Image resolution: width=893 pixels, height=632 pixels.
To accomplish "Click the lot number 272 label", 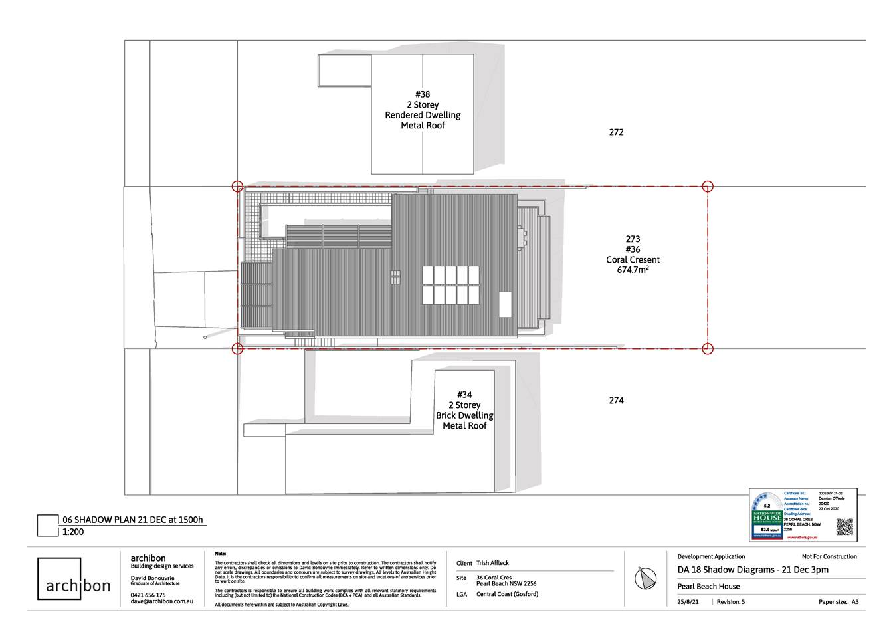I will [616, 132].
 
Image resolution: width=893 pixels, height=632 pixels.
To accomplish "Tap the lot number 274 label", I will [616, 401].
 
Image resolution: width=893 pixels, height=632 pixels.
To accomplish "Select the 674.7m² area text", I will [633, 270].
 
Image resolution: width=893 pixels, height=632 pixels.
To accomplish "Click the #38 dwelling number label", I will [423, 94].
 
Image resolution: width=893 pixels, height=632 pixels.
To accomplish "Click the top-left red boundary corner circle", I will [237, 187].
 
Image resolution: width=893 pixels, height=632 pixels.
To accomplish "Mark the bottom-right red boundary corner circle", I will [708, 348].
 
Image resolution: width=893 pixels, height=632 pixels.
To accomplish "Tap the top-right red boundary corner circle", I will [708, 187].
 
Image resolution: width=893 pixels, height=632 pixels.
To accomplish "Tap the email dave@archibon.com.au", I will [161, 601].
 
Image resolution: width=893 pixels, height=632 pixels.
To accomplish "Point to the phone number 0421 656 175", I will [148, 595].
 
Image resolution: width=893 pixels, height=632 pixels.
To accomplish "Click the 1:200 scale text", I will [73, 532].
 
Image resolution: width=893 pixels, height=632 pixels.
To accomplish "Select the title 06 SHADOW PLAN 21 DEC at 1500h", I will [132, 520].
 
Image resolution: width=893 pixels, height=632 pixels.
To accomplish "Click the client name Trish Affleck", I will [492, 563].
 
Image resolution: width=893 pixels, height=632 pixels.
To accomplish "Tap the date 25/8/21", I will [688, 602].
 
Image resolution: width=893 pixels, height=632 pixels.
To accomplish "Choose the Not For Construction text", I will [829, 556].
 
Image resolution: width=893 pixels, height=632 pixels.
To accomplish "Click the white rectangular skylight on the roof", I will [506, 304].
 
